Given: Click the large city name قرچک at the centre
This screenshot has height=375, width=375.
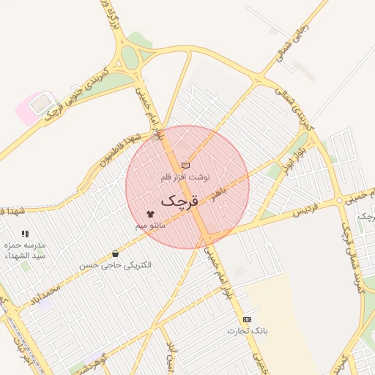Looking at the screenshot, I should (x=179, y=200).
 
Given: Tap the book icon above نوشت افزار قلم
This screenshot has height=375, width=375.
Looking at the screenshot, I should (x=185, y=166).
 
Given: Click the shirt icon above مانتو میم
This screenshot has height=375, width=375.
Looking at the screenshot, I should (x=151, y=214).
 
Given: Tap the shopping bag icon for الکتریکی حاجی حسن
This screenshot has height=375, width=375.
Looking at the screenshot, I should (x=116, y=253).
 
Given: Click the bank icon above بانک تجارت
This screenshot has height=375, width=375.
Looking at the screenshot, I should (x=247, y=320).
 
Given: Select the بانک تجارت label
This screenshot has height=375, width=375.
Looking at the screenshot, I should (x=247, y=332).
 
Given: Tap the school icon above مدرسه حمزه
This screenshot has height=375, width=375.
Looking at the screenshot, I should (x=26, y=234).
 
